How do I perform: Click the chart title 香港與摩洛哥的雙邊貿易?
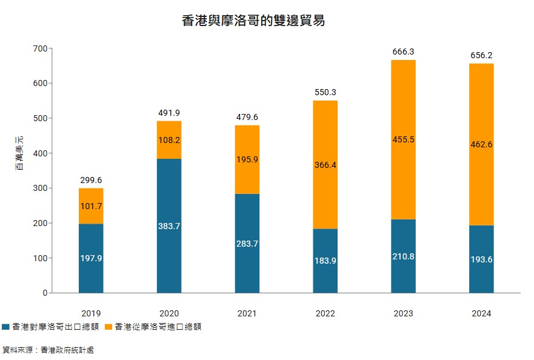[253, 21]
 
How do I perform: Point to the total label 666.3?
[404, 52]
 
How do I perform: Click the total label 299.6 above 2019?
[91, 180]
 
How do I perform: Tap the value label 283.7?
[247, 244]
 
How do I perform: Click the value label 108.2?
[169, 139]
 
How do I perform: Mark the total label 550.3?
[325, 92]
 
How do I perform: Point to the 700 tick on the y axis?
[41, 48]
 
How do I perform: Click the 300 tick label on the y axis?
[41, 188]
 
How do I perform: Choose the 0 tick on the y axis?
[44, 293]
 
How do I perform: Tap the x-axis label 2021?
[247, 313]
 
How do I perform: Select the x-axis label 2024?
[481, 313]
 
